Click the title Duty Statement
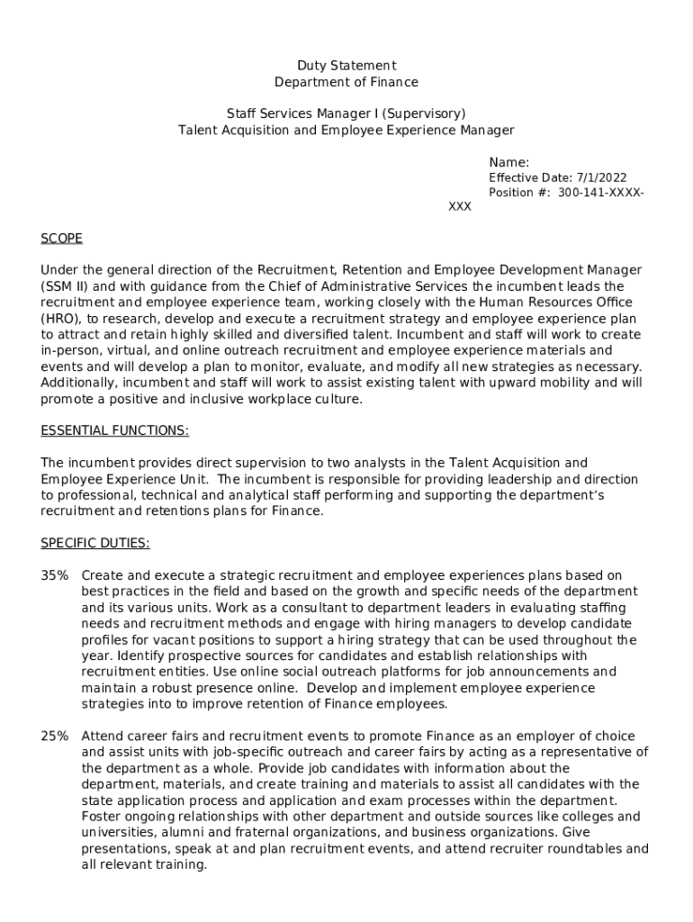(346, 66)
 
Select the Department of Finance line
(346, 82)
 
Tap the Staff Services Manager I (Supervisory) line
(346, 113)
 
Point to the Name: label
(508, 162)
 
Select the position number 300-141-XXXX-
(600, 194)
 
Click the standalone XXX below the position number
(460, 207)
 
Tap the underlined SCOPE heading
(62, 239)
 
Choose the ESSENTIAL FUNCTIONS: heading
(115, 431)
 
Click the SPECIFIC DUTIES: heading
(95, 544)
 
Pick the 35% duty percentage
(54, 575)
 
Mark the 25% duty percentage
(54, 737)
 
